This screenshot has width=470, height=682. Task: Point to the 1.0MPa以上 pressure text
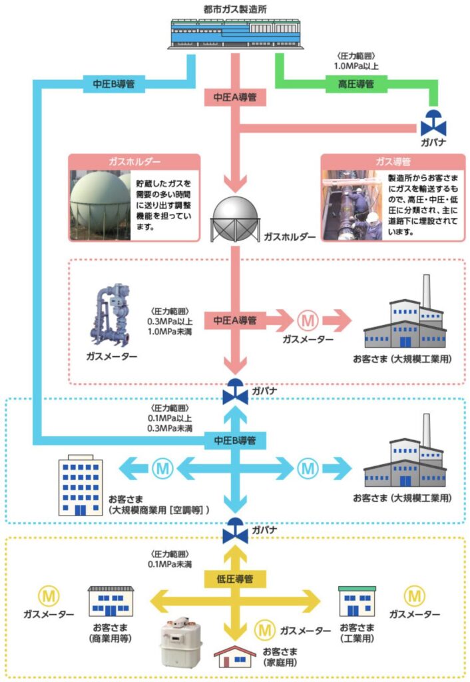click(357, 67)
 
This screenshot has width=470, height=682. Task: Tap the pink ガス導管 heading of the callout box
click(392, 161)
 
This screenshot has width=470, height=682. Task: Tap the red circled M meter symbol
click(308, 320)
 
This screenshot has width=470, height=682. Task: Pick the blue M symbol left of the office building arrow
click(162, 468)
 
